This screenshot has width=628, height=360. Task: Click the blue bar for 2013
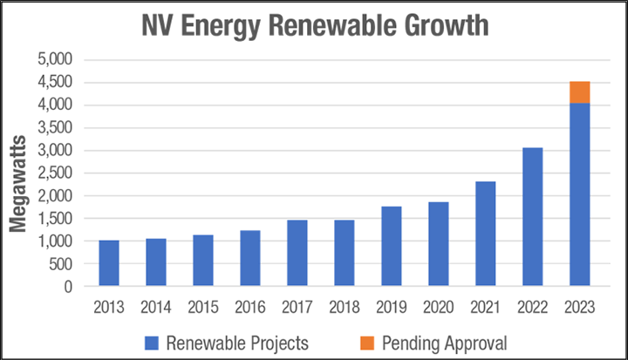[109, 263]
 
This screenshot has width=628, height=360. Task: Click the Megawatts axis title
[17, 174]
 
